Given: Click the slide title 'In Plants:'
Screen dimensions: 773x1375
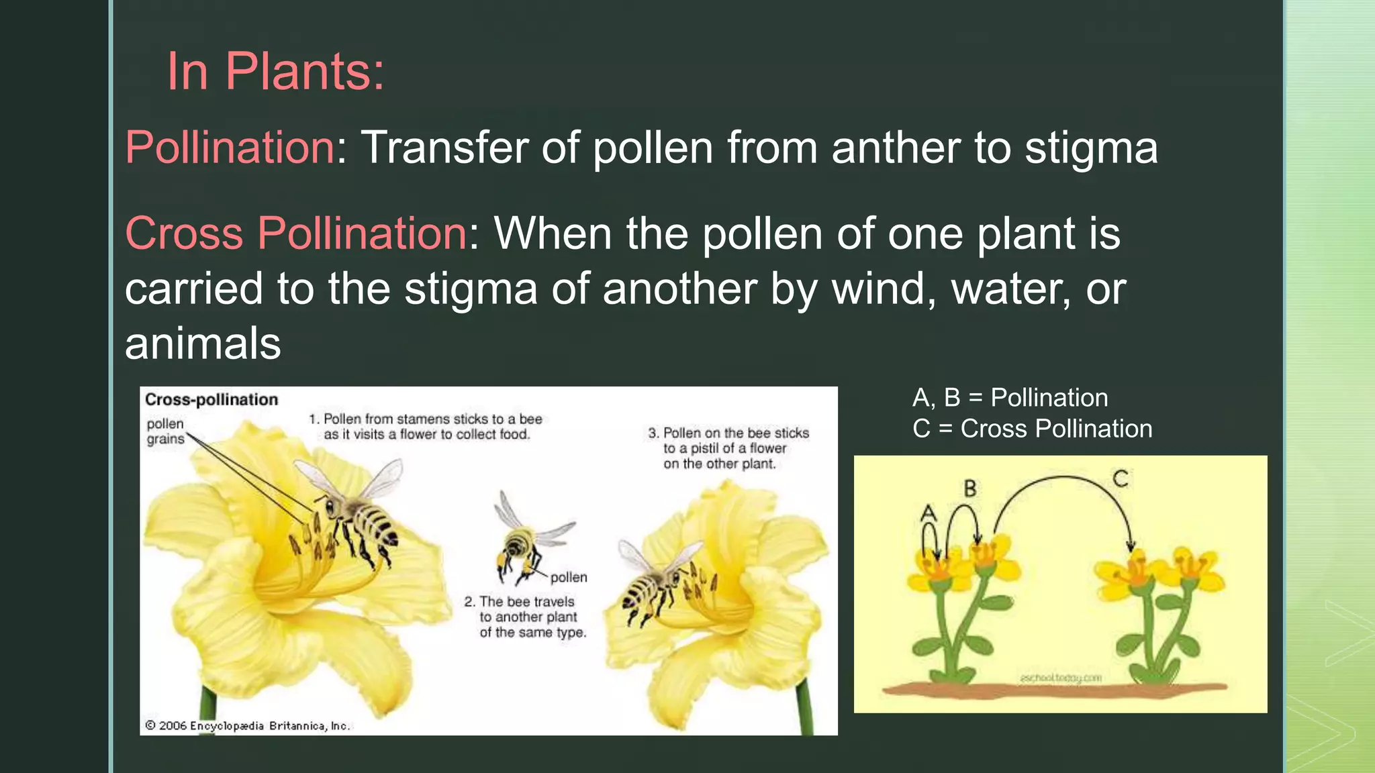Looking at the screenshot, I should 275,71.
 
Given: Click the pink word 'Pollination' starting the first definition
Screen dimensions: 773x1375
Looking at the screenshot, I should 230,148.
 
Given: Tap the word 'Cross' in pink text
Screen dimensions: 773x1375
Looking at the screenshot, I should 184,234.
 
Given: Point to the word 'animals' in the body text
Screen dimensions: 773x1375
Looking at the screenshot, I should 203,344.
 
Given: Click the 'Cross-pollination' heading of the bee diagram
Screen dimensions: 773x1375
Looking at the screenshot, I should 211,400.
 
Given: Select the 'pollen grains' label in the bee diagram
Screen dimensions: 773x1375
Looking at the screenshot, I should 165,431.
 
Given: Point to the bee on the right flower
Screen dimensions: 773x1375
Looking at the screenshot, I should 655,584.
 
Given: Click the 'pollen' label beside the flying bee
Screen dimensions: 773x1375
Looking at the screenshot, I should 569,578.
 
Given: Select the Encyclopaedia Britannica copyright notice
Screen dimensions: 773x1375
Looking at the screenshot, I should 248,726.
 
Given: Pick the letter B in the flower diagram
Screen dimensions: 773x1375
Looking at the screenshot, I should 970,488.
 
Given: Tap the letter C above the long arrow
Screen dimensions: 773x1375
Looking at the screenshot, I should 1120,478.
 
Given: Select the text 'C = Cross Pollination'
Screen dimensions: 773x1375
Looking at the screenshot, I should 1032,429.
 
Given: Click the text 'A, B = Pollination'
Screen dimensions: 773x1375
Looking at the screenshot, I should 1010,398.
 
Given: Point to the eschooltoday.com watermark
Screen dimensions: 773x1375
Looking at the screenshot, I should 1061,678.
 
